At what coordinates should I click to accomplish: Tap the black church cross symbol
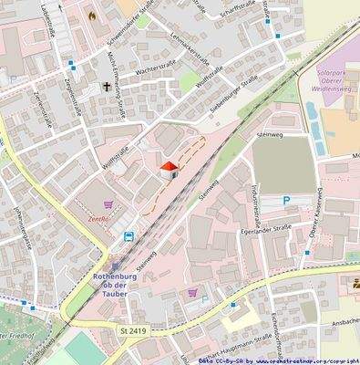coord(107,88)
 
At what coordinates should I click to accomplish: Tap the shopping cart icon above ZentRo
coord(110,204)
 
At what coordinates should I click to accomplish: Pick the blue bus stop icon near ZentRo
coord(129,236)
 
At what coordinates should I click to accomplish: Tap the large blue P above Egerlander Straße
coord(286,201)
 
